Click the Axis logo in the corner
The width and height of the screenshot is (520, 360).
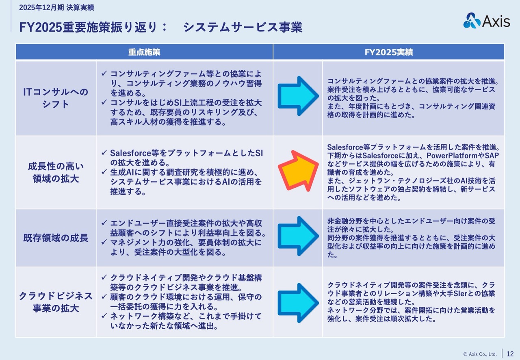(486, 20)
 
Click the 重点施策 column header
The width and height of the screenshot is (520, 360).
(144, 52)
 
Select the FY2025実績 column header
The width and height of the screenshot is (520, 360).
(388, 52)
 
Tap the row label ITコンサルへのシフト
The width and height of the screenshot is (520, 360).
(56, 98)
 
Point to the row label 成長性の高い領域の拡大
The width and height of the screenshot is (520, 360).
(56, 172)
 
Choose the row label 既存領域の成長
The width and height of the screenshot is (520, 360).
(56, 238)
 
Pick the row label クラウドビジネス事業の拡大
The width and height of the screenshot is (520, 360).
(56, 301)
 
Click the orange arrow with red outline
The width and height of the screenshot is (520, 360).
(297, 171)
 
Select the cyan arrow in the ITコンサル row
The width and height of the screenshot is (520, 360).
(298, 96)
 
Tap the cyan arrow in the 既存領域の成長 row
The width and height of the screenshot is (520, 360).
(298, 236)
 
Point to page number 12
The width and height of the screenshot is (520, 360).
(510, 353)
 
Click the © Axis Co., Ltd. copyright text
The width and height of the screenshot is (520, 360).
(480, 354)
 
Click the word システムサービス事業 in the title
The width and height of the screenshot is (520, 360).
(243, 28)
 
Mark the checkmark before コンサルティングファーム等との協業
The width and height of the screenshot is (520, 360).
(104, 74)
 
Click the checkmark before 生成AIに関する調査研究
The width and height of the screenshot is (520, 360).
(104, 172)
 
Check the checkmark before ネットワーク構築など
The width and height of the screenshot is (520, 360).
(104, 316)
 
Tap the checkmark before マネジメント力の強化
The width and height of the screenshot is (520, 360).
(104, 243)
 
